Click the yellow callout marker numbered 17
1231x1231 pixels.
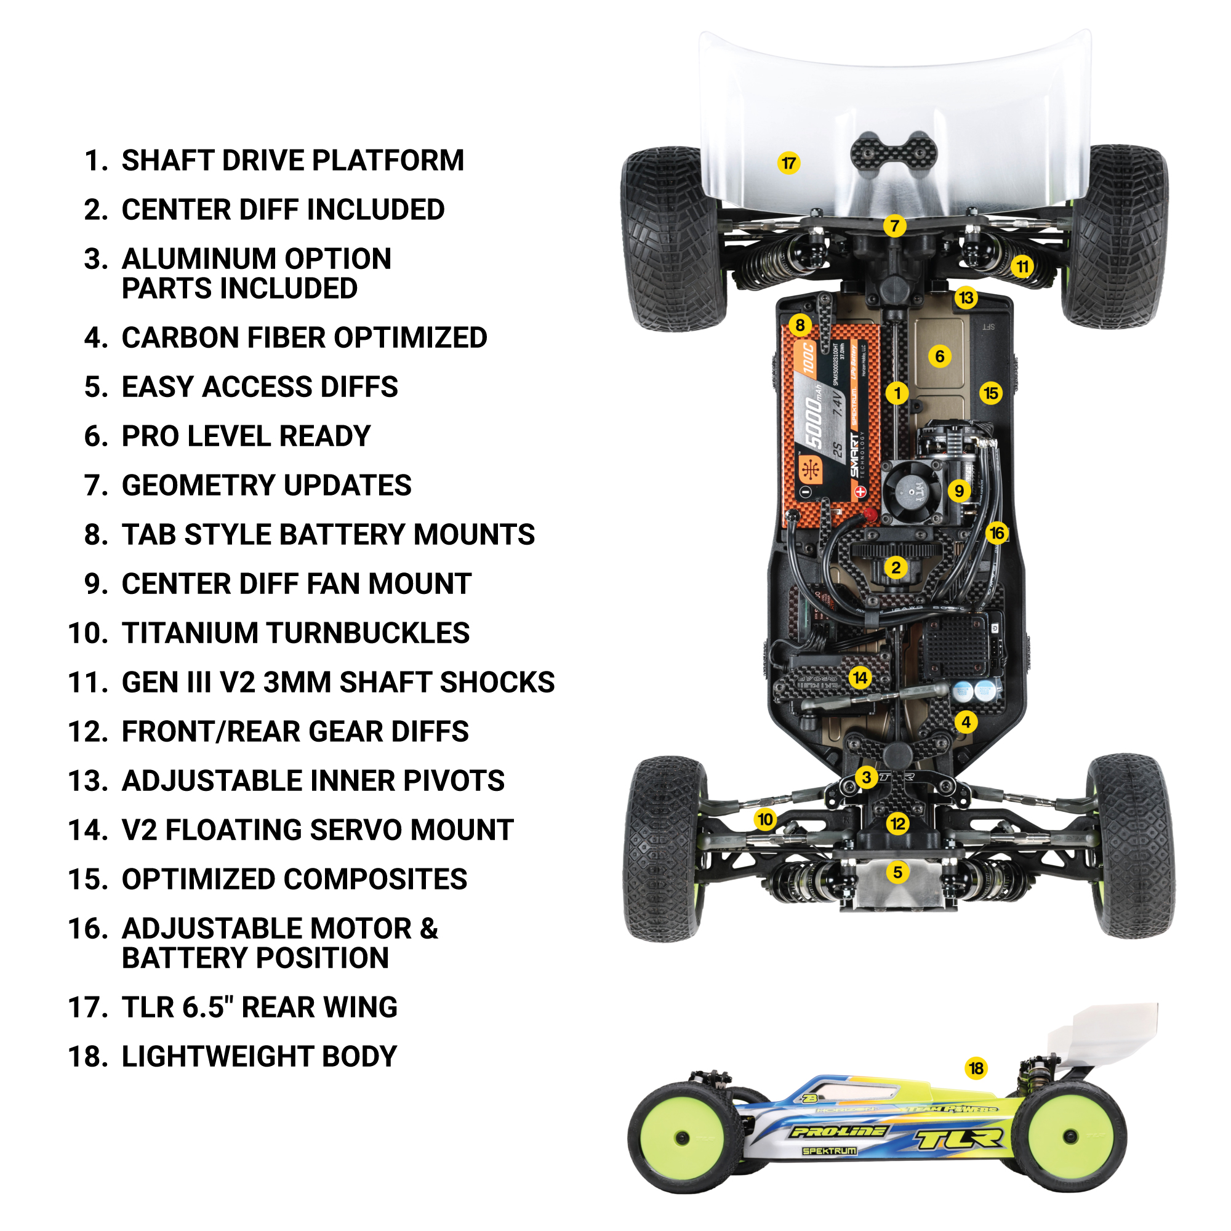pyautogui.click(x=788, y=163)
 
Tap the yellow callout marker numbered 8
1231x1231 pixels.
pyautogui.click(x=800, y=325)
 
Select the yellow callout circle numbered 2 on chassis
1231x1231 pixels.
pyautogui.click(x=896, y=567)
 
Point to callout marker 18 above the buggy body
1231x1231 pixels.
pyautogui.click(x=976, y=1069)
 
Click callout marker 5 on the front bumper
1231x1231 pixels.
pyautogui.click(x=897, y=872)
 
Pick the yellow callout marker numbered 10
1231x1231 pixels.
pyautogui.click(x=765, y=819)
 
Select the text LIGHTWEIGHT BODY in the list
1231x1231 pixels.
pyautogui.click(x=259, y=1057)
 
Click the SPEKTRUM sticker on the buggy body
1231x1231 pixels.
pyautogui.click(x=829, y=1152)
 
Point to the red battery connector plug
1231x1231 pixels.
pyautogui.click(x=868, y=516)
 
